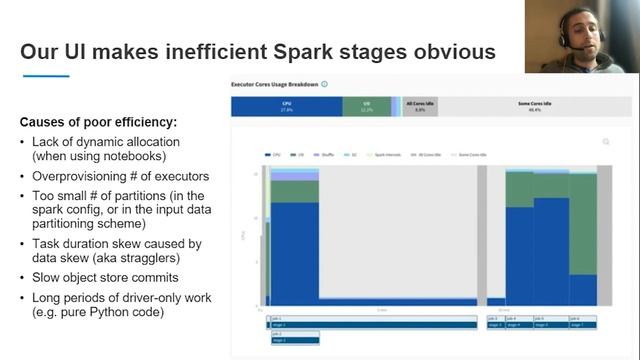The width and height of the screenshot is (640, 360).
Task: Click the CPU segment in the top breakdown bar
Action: pos(287,105)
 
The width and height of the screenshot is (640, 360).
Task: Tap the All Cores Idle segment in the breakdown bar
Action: pos(421,105)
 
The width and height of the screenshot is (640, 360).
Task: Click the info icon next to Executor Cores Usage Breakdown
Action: pos(325,85)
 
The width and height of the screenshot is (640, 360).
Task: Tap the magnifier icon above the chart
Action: pos(605,142)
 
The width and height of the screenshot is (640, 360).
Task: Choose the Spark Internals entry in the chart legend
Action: pos(383,155)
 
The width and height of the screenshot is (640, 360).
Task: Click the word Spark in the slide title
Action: pos(329,51)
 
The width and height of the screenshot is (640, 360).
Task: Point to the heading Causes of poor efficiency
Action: pos(98,122)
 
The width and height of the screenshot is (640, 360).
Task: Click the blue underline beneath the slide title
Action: pos(45,76)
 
